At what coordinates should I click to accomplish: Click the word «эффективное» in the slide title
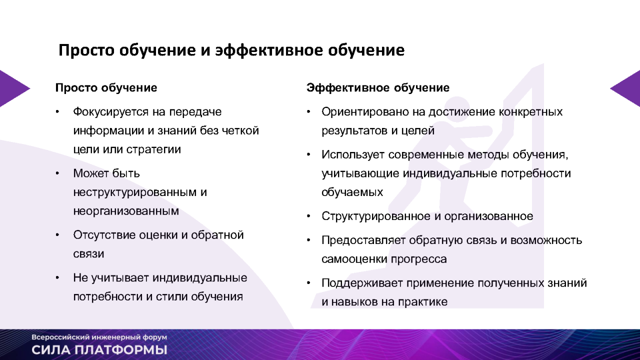pyautogui.click(x=269, y=50)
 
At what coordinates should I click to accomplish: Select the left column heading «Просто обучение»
pyautogui.click(x=106, y=87)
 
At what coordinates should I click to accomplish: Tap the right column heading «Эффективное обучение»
pyautogui.click(x=378, y=87)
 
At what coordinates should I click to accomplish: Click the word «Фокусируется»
pyautogui.click(x=110, y=112)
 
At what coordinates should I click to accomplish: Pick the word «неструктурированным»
pyautogui.click(x=135, y=192)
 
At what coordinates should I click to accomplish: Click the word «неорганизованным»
pyautogui.click(x=126, y=211)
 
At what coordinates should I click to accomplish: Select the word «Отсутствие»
pyautogui.click(x=104, y=235)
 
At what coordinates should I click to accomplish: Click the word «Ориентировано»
pyautogui.click(x=365, y=112)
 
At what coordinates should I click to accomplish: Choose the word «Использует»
pyautogui.click(x=352, y=155)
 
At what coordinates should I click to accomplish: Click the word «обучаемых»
pyautogui.click(x=352, y=192)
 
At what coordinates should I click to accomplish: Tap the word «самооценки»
pyautogui.click(x=354, y=259)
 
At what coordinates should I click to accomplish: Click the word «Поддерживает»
pyautogui.click(x=362, y=283)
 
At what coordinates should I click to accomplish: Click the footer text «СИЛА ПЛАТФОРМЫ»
pyautogui.click(x=99, y=350)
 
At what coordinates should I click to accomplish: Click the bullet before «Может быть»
pyautogui.click(x=57, y=173)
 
